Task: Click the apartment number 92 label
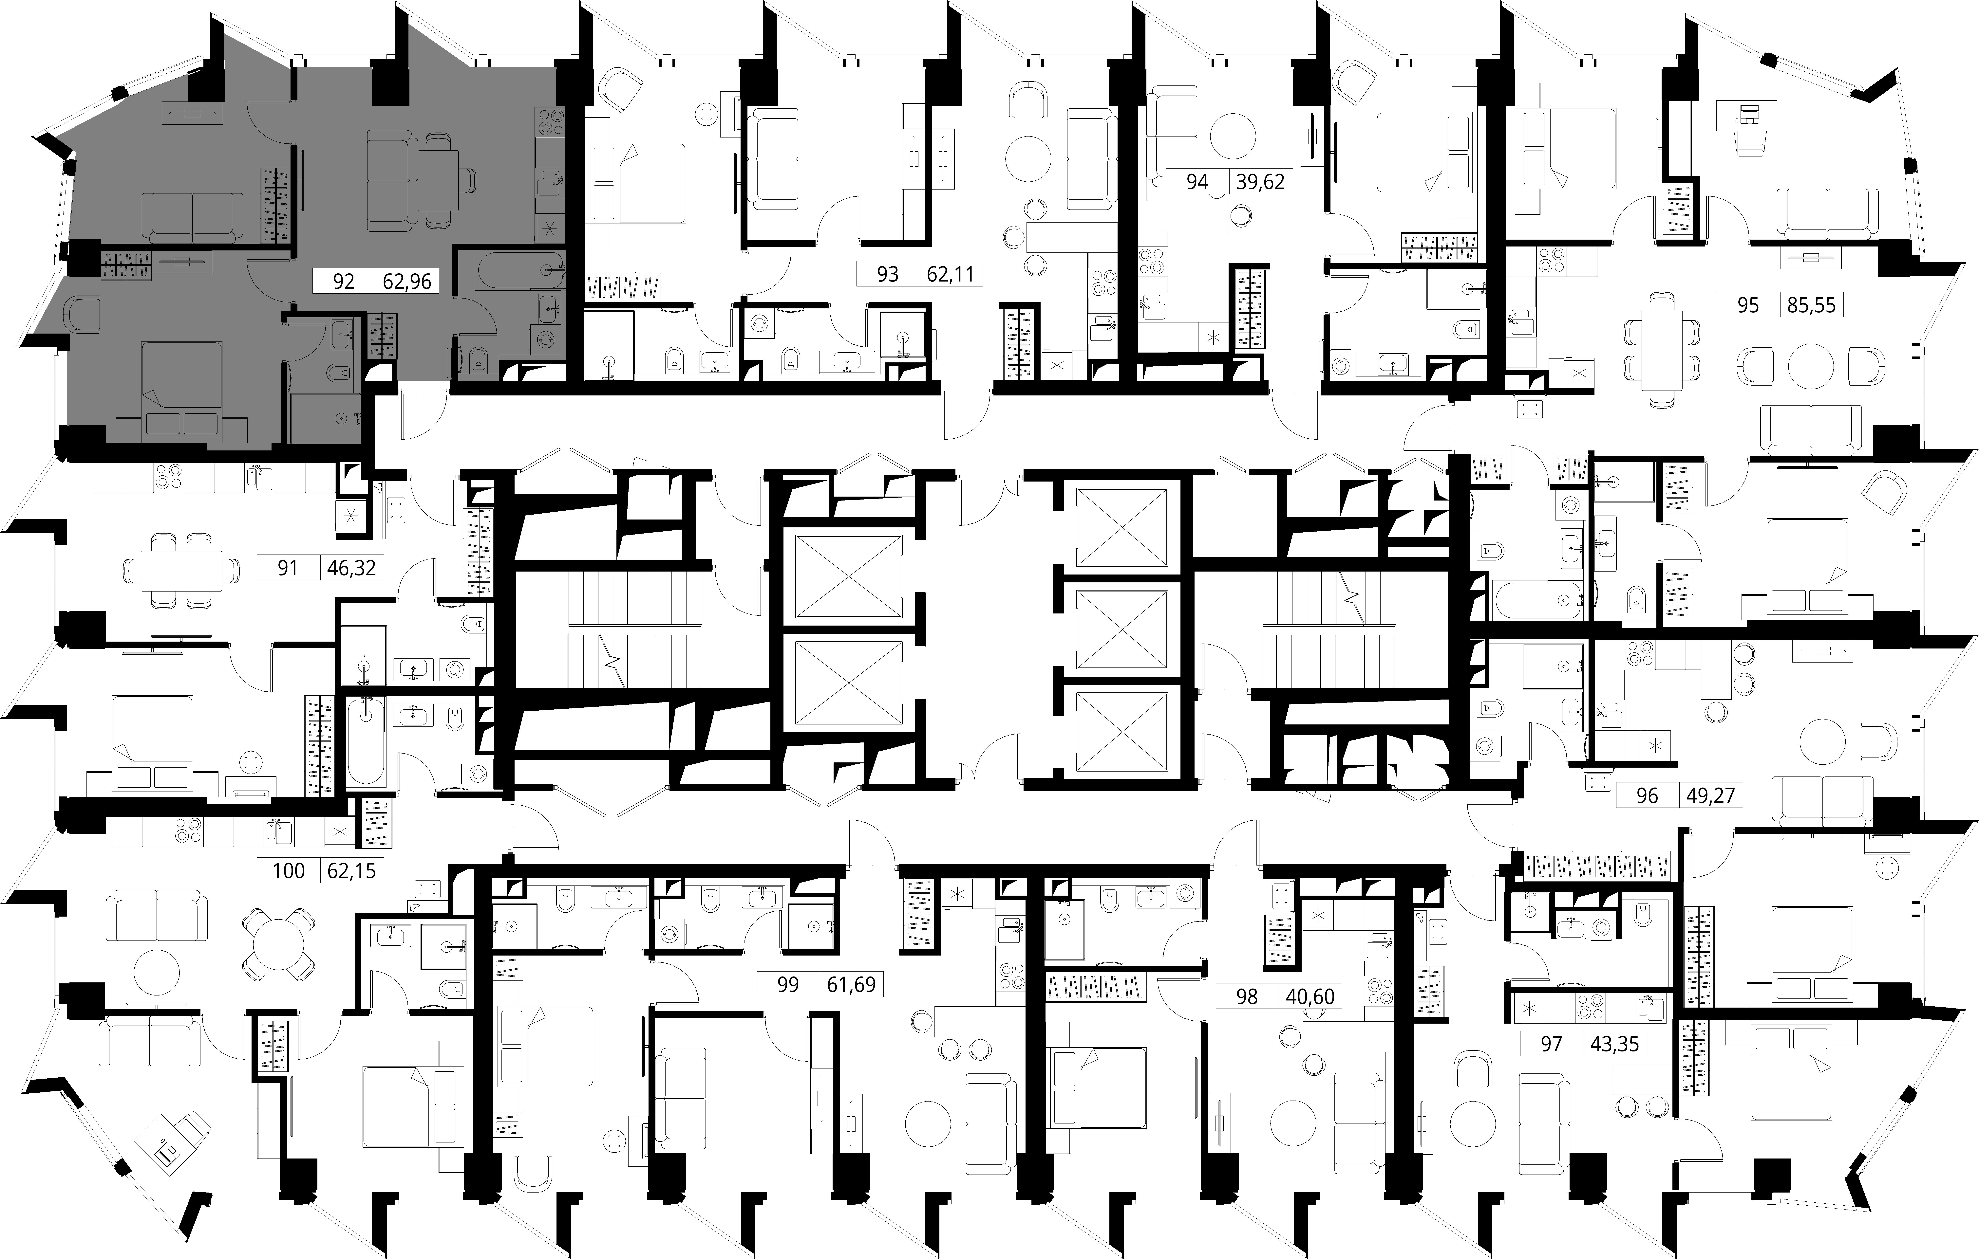[x=344, y=282]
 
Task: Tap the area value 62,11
[x=950, y=274]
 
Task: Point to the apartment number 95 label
[x=1748, y=305]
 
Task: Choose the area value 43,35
[x=1614, y=1044]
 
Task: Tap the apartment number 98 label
[x=1247, y=997]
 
